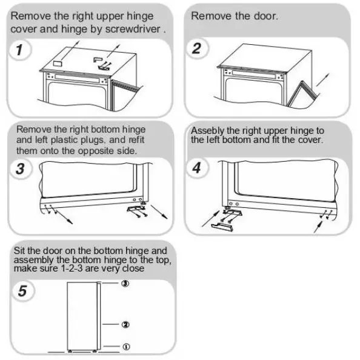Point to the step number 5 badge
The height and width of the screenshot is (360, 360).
[21, 292]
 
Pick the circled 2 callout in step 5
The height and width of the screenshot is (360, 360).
[125, 324]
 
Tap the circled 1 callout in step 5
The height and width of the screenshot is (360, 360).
[125, 347]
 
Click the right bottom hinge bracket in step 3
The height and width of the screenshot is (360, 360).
[136, 209]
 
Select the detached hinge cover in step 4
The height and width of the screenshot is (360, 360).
[222, 225]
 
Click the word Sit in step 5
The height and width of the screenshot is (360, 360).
[21, 249]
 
